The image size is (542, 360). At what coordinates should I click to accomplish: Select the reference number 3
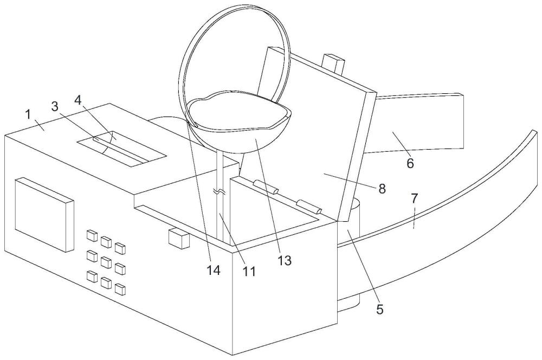tap(55, 106)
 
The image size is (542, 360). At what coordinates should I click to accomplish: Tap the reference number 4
tap(78, 100)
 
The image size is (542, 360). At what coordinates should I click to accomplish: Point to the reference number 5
tap(379, 309)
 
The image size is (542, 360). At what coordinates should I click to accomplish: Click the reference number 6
tap(410, 163)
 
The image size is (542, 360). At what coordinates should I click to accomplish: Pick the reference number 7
tap(415, 198)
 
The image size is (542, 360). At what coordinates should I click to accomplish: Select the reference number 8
tap(382, 189)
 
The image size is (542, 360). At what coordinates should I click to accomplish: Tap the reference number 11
tap(249, 272)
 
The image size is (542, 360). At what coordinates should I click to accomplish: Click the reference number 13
tap(285, 260)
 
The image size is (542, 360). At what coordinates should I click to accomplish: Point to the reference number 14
tap(214, 271)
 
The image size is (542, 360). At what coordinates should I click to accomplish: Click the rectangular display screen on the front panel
tap(44, 214)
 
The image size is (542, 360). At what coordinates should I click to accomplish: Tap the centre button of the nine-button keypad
tap(106, 262)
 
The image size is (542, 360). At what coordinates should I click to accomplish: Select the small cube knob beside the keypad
tap(179, 238)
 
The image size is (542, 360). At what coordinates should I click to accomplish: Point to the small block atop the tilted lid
tap(333, 63)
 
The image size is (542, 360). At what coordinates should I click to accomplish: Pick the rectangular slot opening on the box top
tap(121, 149)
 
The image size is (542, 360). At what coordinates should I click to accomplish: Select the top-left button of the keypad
tap(92, 235)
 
